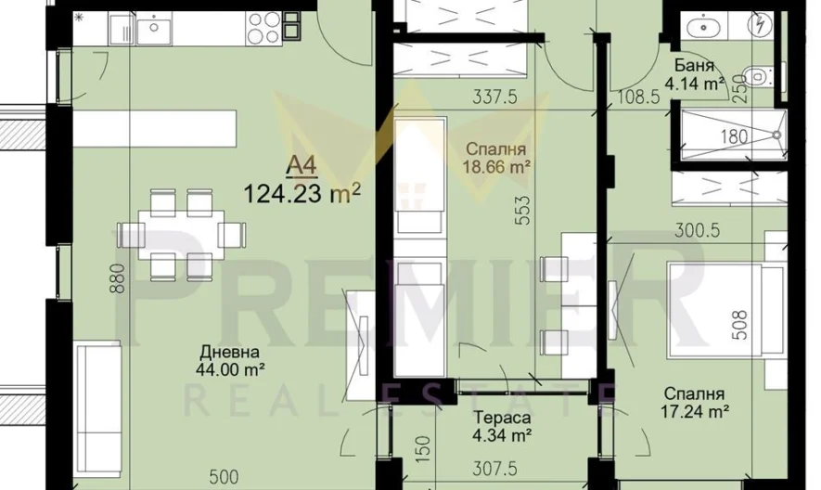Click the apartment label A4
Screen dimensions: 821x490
click(301, 167)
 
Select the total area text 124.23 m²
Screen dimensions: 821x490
click(302, 194)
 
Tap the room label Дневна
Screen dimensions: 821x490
click(229, 351)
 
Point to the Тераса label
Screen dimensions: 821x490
click(503, 418)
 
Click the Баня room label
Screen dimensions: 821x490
click(694, 66)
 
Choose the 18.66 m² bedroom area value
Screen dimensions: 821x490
click(496, 167)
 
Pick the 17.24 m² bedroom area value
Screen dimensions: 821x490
click(696, 412)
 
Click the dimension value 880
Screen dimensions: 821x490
click(119, 277)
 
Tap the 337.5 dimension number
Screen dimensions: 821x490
click(494, 97)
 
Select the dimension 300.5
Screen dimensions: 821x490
click(698, 230)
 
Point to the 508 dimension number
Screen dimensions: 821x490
click(740, 325)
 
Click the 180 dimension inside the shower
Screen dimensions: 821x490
click(734, 136)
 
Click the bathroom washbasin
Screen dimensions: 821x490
click(704, 26)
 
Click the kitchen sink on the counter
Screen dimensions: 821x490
click(153, 28)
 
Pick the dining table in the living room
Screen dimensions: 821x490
click(181, 234)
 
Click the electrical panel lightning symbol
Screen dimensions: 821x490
click(759, 25)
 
